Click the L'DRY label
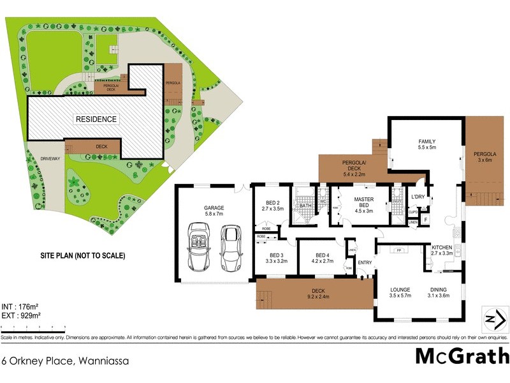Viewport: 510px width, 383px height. pyautogui.click(x=418, y=197)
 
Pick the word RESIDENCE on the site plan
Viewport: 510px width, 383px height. pyautogui.click(x=96, y=119)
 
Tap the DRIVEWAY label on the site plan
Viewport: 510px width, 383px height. pyautogui.click(x=50, y=158)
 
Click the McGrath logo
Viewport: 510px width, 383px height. pyautogui.click(x=462, y=356)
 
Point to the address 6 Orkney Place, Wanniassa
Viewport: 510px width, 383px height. pyautogui.click(x=65, y=361)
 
